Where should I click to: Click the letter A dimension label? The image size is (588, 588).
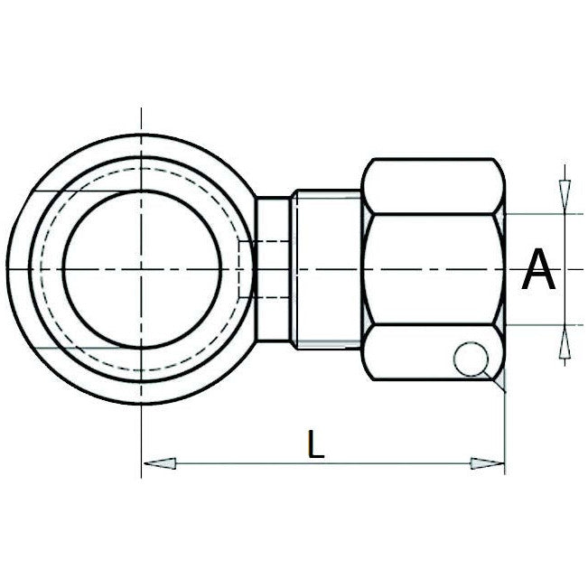[x=539, y=270]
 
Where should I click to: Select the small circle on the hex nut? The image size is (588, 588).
[x=471, y=359]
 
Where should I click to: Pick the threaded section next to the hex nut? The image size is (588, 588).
[x=327, y=270]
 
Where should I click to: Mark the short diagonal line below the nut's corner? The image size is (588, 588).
[x=498, y=381]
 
